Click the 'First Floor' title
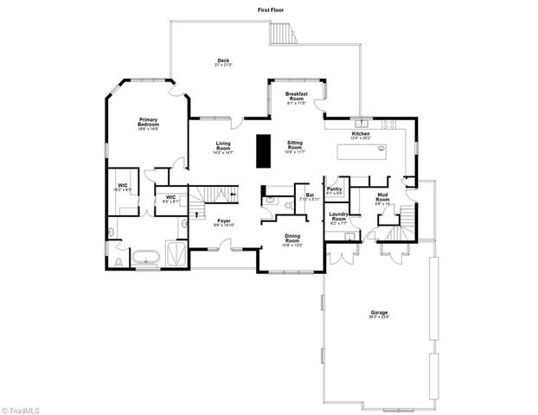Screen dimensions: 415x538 point(271,10)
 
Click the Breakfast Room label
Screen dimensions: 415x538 point(298,96)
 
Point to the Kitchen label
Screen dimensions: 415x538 point(361,134)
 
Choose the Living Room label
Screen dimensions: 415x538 point(223,147)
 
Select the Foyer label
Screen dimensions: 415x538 point(224,222)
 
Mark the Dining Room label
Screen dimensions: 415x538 point(291,240)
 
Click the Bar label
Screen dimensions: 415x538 point(309,195)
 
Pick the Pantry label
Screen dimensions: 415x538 point(335,190)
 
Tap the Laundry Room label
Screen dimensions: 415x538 point(338,218)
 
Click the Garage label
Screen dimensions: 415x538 point(378,316)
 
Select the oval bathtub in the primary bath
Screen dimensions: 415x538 point(146,257)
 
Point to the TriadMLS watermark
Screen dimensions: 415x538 point(22,407)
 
